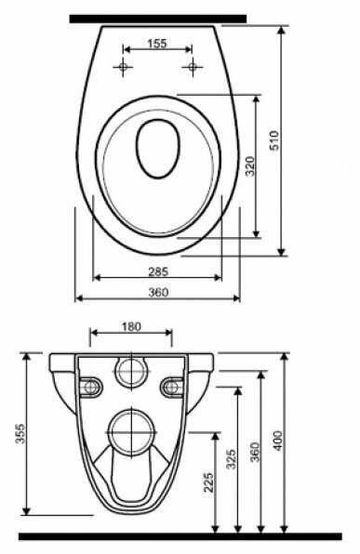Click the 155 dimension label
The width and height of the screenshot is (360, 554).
tap(156, 44)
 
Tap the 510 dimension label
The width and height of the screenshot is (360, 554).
tap(274, 140)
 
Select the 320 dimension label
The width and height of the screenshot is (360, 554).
tap(250, 166)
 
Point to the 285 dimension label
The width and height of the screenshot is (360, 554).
tap(158, 271)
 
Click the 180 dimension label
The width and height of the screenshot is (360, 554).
tap(131, 327)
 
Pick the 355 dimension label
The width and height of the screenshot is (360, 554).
tap(20, 433)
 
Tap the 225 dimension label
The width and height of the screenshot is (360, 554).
tap(208, 482)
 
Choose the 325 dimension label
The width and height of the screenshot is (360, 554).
tap(232, 459)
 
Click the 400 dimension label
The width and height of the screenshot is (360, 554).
tap(278, 441)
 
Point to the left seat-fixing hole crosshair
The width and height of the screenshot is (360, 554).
tap(123, 66)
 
